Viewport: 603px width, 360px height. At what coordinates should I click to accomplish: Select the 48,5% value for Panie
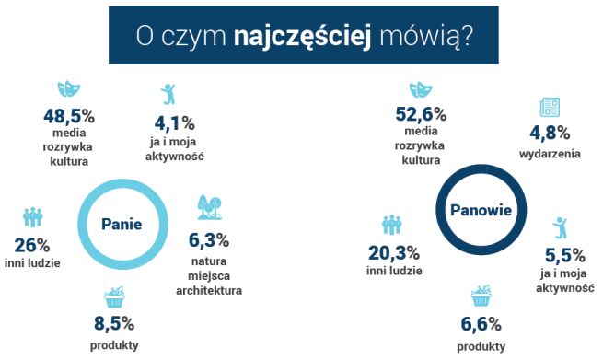pos(69,117)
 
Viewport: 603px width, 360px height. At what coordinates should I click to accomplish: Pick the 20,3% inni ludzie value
pos(393,253)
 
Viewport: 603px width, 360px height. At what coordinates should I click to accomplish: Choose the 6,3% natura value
pos(208,241)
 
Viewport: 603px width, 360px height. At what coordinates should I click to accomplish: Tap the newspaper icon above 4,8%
pos(550,104)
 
